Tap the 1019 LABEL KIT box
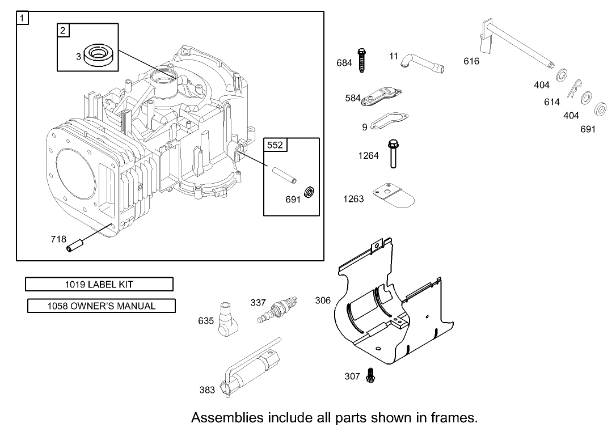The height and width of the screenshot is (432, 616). tap(99, 284)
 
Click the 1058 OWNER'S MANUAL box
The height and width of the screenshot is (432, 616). tap(101, 306)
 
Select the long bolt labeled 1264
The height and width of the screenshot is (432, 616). tap(392, 154)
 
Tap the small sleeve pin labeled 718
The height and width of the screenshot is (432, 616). tap(75, 244)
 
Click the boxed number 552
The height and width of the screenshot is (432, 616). tap(275, 145)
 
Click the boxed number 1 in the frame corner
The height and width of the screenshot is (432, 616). tap(22, 18)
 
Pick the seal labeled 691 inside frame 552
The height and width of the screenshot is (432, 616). tap(309, 193)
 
